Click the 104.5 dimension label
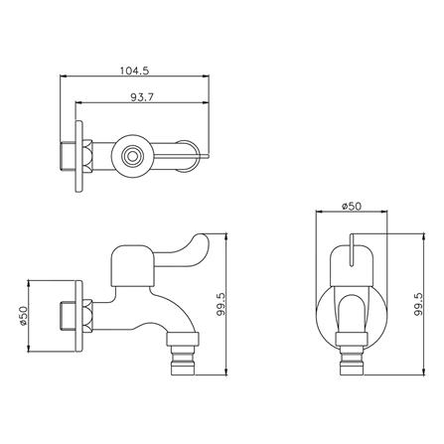click(134, 71)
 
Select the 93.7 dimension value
click(142, 97)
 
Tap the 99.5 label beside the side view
click(222, 304)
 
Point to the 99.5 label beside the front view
click(418, 304)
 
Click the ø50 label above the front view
click(352, 206)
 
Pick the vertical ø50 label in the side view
click(23, 316)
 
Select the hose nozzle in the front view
click(352, 361)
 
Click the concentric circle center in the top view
click(132, 156)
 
